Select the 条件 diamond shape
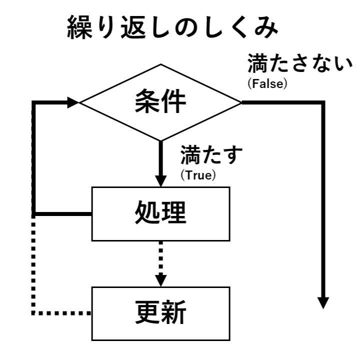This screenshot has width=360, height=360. tap(160, 102)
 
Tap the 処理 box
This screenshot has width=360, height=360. tap(160, 213)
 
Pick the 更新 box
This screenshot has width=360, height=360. tap(160, 313)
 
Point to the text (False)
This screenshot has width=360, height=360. tap(267, 83)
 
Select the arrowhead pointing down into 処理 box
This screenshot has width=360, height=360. tap(160, 180)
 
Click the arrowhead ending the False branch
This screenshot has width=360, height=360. tap(323, 302)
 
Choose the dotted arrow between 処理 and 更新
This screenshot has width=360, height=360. tap(160, 260)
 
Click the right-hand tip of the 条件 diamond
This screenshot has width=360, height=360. tap(240, 102)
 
